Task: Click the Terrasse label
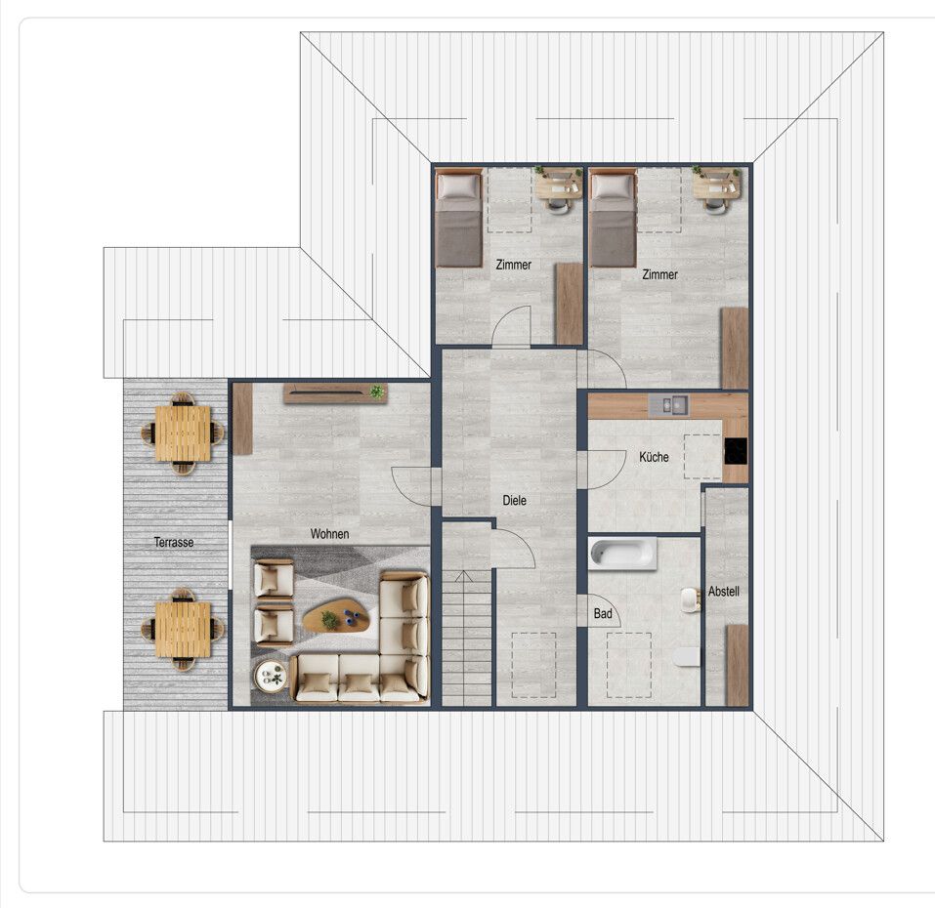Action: (174, 542)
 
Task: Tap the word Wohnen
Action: (330, 534)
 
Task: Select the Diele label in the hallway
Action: (514, 501)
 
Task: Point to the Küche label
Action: (654, 457)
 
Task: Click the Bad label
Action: (603, 614)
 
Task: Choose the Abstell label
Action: (724, 592)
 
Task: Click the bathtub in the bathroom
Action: (623, 555)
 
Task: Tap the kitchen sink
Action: (668, 405)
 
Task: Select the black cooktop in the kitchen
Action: (736, 452)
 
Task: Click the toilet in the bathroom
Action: (686, 656)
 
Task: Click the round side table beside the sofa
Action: (272, 677)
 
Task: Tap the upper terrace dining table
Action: (183, 433)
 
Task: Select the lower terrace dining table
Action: (183, 629)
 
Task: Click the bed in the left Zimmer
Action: (458, 219)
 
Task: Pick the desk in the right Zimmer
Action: (716, 185)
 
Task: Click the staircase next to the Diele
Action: (467, 638)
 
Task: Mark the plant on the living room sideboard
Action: (376, 392)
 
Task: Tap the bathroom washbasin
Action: (691, 599)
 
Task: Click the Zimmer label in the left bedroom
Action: (513, 265)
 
